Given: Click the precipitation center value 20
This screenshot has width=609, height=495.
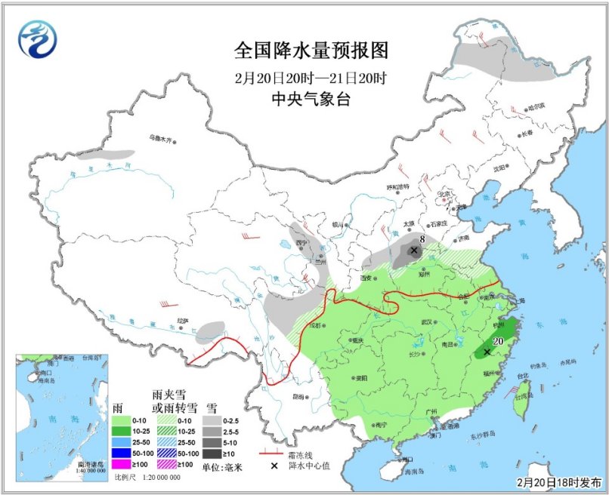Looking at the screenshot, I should coord(499,340).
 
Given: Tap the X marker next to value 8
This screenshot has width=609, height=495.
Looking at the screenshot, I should coord(413,250).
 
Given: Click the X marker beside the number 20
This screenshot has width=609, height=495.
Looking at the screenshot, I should coord(487,352).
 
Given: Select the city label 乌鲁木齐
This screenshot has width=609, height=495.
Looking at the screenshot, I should coord(160,138).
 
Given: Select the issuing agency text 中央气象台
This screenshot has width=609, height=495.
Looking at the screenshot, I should coord(311,100).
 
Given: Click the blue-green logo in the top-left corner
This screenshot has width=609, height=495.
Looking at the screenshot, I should coord(37,39).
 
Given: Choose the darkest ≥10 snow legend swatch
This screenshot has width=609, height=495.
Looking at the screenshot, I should coord(214,453).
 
